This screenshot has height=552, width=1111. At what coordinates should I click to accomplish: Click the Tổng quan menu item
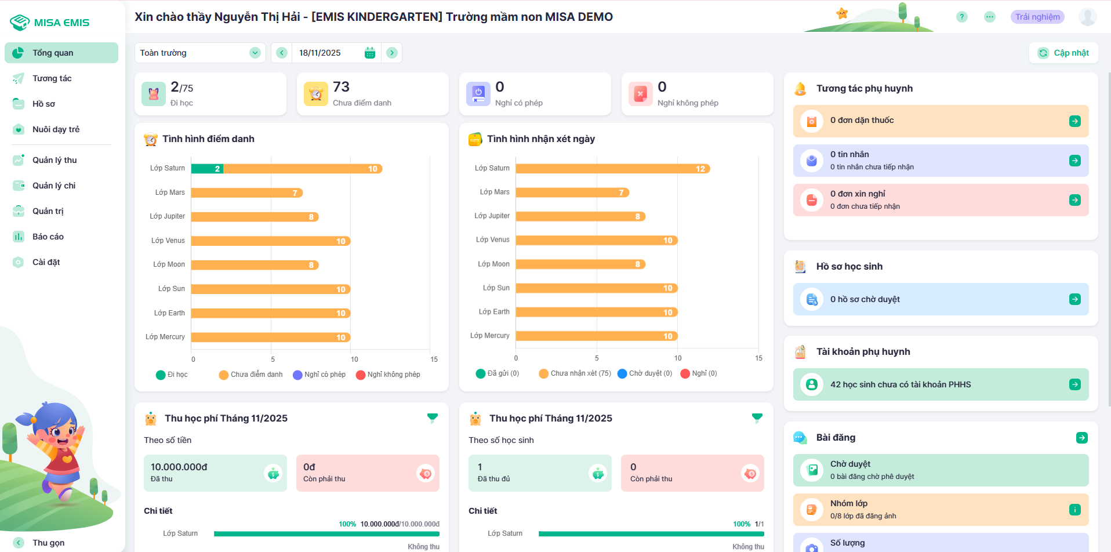(53, 53)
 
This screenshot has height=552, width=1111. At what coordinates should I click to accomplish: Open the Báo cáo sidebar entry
(48, 237)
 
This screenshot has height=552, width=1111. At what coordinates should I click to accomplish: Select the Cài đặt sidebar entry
(46, 262)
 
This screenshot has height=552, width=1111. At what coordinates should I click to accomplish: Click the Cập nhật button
(1063, 53)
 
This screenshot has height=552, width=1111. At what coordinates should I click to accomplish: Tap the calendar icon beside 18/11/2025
(370, 53)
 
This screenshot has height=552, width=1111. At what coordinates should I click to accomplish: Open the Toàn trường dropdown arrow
(255, 53)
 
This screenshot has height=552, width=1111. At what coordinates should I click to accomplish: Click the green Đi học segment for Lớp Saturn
(207, 169)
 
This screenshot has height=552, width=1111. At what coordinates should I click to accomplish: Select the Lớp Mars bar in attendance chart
(246, 193)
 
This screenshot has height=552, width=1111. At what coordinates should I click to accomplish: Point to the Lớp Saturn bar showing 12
(612, 169)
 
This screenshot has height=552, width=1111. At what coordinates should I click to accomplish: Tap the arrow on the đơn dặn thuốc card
(1074, 121)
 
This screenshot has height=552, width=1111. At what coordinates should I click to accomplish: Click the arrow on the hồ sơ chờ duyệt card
(1074, 299)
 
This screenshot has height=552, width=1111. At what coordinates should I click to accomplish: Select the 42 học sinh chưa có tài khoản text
(900, 384)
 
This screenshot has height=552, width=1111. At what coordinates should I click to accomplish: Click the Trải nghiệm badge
(1037, 17)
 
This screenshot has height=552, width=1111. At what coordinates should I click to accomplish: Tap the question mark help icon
(962, 17)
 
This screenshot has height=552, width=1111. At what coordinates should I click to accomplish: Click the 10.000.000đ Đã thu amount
(179, 467)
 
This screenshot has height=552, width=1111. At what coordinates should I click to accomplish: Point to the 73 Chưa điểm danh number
(341, 87)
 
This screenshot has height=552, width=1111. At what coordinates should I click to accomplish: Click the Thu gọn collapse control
(48, 543)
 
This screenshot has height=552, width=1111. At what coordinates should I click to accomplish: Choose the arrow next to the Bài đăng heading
(1081, 438)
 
